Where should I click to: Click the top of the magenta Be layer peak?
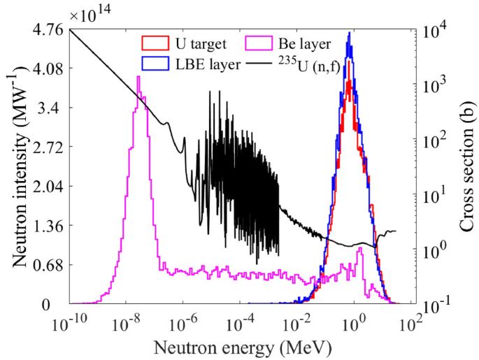(138, 76)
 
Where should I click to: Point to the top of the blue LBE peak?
(349, 31)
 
